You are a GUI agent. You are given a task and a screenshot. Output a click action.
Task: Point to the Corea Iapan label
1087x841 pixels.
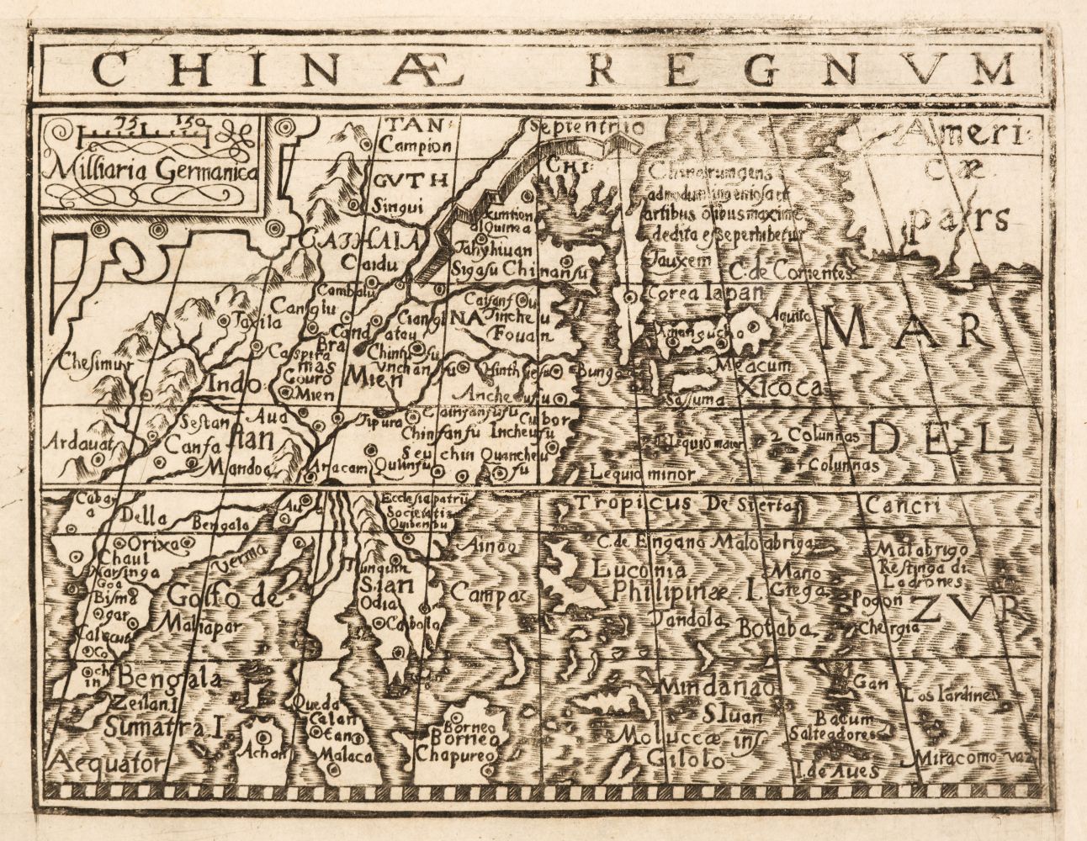[x=704, y=294]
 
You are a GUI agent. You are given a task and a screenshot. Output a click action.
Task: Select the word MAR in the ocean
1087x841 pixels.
[x=904, y=332]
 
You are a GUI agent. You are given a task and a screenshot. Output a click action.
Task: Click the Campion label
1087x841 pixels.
[x=415, y=145]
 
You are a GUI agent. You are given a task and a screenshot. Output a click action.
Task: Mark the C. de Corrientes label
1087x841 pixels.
[x=791, y=272]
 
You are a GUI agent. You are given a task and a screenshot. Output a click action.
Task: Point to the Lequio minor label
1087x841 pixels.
[x=642, y=473]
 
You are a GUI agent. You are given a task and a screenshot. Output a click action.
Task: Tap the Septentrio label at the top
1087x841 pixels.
[x=582, y=128]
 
